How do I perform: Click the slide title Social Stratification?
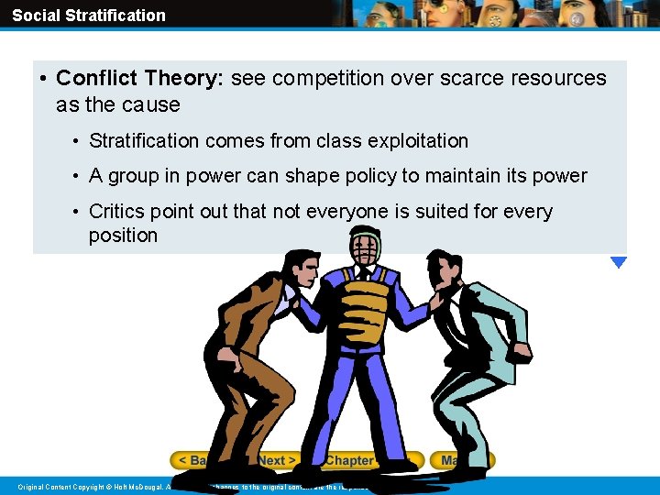[89, 16]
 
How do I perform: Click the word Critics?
[118, 212]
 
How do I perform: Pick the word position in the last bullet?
[123, 236]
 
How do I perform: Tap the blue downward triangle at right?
[619, 262]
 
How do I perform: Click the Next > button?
[277, 460]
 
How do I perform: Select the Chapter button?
[350, 460]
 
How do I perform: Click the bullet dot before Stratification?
[77, 141]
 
